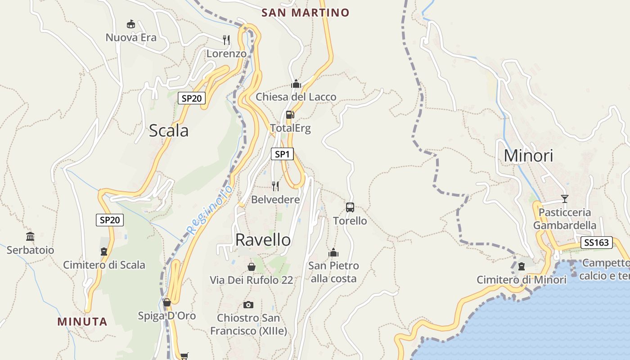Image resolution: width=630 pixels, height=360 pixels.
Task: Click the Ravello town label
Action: (x=263, y=240)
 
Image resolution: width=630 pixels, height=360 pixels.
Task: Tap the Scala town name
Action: (x=168, y=131)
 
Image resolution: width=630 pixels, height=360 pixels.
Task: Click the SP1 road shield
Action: (x=282, y=154)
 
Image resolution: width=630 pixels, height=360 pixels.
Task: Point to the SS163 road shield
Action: (x=597, y=243)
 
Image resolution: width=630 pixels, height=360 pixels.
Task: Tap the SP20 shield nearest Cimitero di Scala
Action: (x=110, y=220)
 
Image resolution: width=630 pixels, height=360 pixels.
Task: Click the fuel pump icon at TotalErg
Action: (x=290, y=115)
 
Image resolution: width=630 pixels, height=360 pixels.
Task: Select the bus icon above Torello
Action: (x=350, y=207)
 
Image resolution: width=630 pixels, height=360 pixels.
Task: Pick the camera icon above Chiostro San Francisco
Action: (x=248, y=305)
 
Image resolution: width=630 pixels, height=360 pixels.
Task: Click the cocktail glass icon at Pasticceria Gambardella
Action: (x=565, y=198)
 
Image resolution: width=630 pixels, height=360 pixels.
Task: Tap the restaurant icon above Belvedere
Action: (x=275, y=186)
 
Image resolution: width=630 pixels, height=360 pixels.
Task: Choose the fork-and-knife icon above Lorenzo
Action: (x=226, y=40)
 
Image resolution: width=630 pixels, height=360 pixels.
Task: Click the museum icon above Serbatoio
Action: (x=30, y=236)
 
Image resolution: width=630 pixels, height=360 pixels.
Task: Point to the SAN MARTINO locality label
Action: (x=306, y=13)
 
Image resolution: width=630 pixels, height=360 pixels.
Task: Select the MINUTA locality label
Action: (x=82, y=322)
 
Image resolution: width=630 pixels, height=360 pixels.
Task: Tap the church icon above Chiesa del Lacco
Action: (x=296, y=84)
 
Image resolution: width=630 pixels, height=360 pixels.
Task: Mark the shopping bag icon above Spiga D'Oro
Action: (x=167, y=302)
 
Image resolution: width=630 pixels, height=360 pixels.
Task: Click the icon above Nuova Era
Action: (x=131, y=24)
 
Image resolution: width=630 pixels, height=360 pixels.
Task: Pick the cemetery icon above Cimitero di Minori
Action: (x=522, y=266)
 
